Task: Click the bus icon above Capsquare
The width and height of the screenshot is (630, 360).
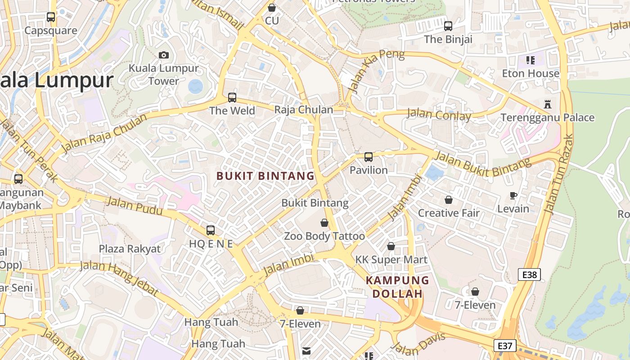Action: (x=51, y=17)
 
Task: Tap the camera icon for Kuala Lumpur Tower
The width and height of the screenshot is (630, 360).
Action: (x=164, y=55)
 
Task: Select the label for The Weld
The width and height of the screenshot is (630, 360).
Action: (x=232, y=111)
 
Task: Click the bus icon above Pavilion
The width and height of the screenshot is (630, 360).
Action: (x=369, y=157)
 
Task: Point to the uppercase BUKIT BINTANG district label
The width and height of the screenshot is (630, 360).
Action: (x=265, y=176)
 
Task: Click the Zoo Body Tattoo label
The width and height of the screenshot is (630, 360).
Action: (x=324, y=236)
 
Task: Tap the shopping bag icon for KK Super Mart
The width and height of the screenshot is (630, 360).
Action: (x=391, y=246)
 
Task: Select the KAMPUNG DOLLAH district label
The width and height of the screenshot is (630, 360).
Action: (x=397, y=287)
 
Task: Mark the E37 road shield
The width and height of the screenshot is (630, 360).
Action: (x=505, y=346)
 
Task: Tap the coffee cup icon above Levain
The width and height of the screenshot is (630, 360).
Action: (x=513, y=195)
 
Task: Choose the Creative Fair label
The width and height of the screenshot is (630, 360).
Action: (x=449, y=213)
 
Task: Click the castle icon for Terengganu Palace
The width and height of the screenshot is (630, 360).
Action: (x=548, y=104)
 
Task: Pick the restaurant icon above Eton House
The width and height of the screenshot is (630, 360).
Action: (x=531, y=60)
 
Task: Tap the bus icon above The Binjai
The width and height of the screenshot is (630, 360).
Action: (x=448, y=26)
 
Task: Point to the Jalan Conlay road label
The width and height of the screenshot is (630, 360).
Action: (x=439, y=114)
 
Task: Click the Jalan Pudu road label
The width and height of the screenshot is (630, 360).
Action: (x=135, y=207)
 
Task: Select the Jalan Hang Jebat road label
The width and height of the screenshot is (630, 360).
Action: (x=119, y=277)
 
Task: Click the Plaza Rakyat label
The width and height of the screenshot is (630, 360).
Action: (x=130, y=249)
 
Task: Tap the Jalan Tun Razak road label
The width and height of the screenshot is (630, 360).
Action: (x=559, y=173)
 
